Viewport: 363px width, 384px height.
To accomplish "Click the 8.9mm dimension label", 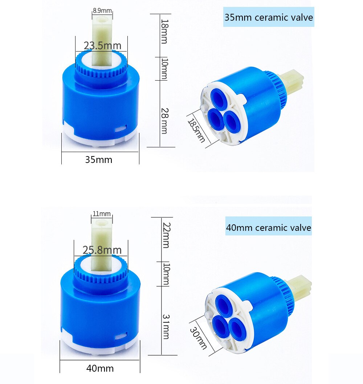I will tap(102, 11).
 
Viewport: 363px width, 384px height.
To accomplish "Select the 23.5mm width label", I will tap(102, 46).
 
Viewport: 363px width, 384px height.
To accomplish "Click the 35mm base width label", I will tap(99, 159).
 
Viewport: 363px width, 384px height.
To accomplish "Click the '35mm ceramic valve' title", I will tap(269, 17).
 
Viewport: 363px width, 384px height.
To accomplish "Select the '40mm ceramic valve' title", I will tap(269, 228).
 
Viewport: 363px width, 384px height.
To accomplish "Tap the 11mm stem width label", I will tap(102, 214).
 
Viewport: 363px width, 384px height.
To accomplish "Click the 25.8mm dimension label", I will tap(102, 250).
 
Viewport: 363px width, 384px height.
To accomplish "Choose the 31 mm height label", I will tap(165, 327).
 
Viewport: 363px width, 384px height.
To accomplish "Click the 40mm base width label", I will tap(100, 368).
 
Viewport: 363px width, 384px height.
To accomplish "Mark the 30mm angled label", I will tap(199, 336).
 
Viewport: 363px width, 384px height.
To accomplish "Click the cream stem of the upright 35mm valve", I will tap(102, 40).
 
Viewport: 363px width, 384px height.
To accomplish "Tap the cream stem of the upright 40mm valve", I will tap(101, 247).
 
